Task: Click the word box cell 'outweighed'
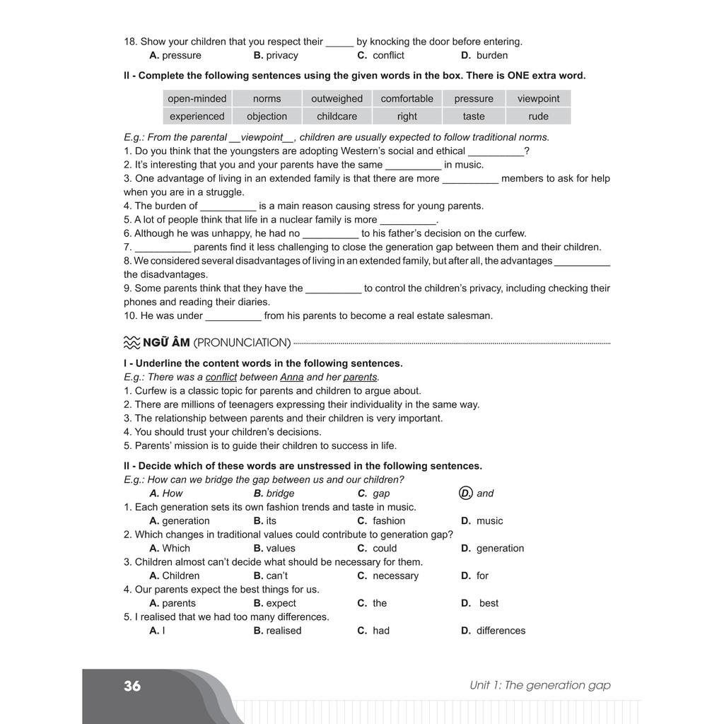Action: pos(337,99)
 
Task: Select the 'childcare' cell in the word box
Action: pos(337,117)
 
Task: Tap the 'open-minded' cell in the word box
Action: pos(197,99)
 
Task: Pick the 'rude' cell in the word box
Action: pos(538,117)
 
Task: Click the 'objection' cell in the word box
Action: pos(267,117)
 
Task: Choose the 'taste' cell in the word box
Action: pos(474,117)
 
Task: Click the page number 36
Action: pos(132,686)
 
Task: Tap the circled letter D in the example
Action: pos(465,494)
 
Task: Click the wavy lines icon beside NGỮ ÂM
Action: pos(132,343)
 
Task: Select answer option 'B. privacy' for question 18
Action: pos(276,55)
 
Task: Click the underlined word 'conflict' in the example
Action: pos(221,378)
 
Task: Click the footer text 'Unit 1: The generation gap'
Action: pos(539,685)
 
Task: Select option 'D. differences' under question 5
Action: pos(493,631)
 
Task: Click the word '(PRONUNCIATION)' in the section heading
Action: pos(242,343)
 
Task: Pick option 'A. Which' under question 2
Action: pos(170,549)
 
